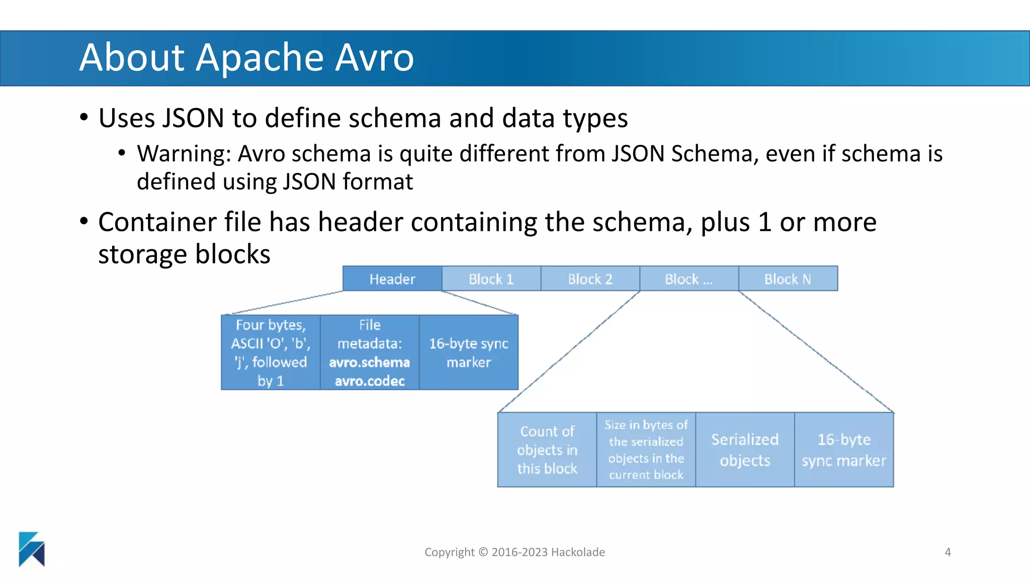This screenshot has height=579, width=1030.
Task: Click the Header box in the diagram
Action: point(392,279)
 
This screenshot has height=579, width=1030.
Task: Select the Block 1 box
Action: point(491,279)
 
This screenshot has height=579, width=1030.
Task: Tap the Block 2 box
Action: point(590,279)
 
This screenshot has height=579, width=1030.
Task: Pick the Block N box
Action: point(788,279)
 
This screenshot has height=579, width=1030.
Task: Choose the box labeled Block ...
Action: point(689,279)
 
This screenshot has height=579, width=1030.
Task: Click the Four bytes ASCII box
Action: point(271,352)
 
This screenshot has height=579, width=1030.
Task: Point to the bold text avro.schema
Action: point(369,362)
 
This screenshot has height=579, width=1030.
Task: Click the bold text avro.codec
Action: point(370,381)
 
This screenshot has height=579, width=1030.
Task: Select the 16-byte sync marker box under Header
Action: point(468,352)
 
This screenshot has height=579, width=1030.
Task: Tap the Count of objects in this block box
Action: point(547,450)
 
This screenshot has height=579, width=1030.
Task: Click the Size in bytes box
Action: point(646,450)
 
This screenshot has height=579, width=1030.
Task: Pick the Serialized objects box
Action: point(745,450)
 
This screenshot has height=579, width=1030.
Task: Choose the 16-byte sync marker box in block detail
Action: point(844,450)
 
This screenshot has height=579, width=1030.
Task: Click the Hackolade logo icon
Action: point(32,549)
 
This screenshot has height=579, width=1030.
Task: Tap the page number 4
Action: point(948,552)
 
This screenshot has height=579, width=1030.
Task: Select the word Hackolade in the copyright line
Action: point(578,552)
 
